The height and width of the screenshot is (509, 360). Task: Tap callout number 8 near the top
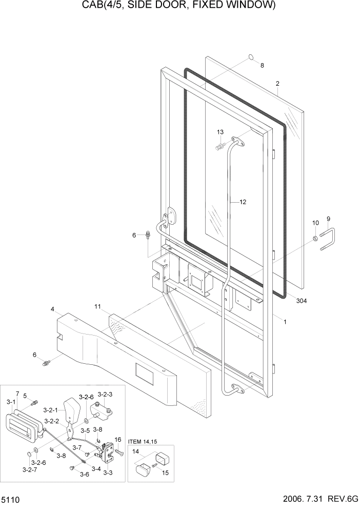click(262, 65)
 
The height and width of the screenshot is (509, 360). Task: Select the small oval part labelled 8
click(251, 57)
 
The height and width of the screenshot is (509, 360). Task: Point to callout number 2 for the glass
click(277, 83)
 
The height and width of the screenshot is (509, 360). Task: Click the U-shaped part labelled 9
click(329, 240)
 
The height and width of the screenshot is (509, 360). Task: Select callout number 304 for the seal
click(301, 301)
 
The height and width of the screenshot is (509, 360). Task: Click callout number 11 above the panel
click(97, 306)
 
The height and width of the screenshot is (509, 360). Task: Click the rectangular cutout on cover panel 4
click(144, 374)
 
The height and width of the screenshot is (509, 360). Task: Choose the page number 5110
click(11, 499)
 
